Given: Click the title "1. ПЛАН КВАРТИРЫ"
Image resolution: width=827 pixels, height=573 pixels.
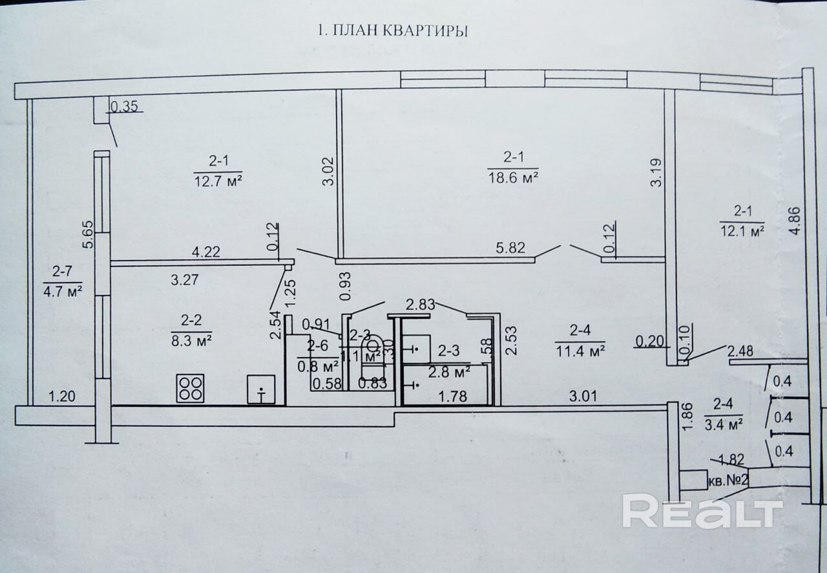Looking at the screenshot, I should (390, 31).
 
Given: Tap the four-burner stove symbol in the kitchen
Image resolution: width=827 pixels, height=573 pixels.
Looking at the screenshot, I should (191, 388).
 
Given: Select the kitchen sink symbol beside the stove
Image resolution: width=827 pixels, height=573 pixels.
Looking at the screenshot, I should (261, 390).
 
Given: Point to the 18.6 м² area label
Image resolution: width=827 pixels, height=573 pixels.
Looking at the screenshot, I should (512, 177).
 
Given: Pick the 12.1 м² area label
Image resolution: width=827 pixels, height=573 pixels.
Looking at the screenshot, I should (742, 230).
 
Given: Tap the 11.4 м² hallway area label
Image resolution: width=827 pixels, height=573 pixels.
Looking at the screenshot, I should (580, 351).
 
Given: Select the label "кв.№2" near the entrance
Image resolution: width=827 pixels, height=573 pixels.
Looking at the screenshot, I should (728, 481).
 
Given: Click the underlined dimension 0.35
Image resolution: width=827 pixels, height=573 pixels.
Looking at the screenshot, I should (124, 107).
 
